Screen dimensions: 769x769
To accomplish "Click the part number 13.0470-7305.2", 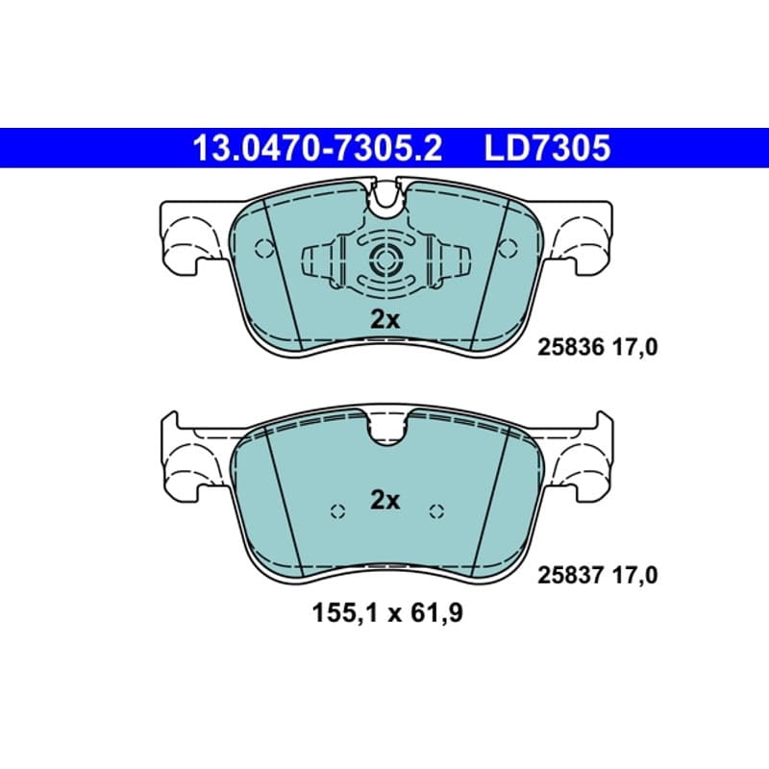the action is [x=318, y=149].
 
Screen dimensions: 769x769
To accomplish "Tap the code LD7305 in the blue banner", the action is [x=547, y=149].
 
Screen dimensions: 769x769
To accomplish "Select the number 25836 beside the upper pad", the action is [x=571, y=348].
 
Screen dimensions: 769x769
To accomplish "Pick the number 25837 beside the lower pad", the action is [x=571, y=575].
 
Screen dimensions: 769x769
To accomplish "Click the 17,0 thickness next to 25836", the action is [x=634, y=348].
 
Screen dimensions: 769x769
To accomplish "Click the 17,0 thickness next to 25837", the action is [x=634, y=575].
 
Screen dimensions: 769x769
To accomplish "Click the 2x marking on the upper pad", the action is [x=385, y=320].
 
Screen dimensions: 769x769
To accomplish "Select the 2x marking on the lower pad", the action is [x=385, y=501].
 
